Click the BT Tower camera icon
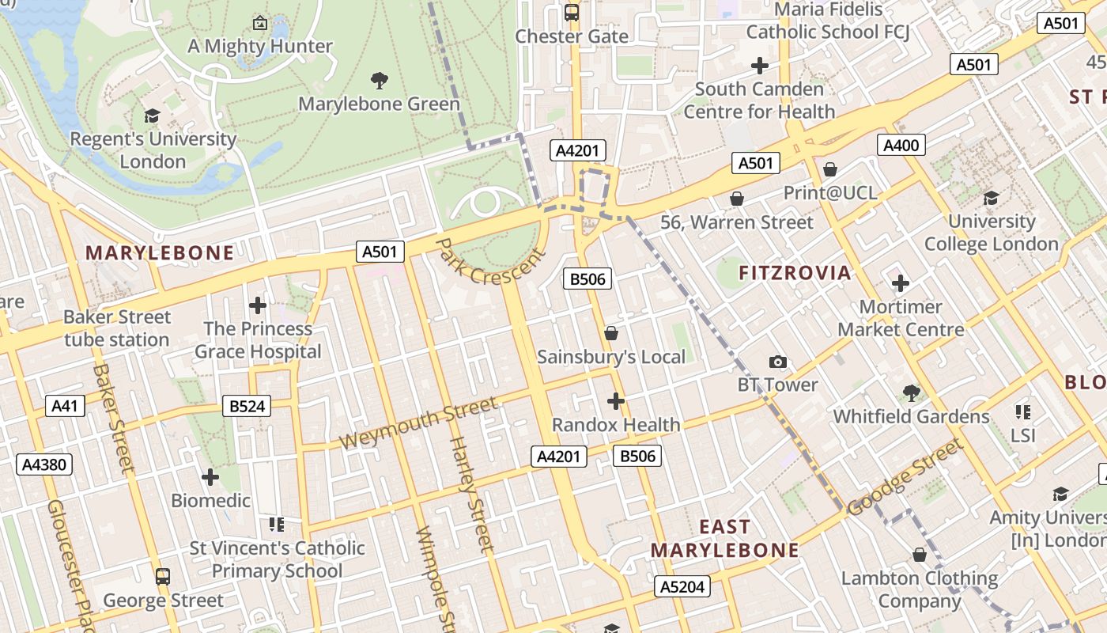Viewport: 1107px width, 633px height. (x=778, y=362)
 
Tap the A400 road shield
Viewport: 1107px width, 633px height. (x=901, y=146)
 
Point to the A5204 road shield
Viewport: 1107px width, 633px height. (x=682, y=586)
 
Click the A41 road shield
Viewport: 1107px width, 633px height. (x=64, y=406)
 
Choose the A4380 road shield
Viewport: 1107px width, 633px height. (x=44, y=464)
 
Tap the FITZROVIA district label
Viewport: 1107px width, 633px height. (x=795, y=273)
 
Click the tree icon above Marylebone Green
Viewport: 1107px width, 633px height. (x=380, y=80)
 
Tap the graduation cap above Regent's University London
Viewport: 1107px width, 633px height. (x=152, y=116)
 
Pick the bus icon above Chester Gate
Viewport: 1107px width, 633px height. (x=572, y=13)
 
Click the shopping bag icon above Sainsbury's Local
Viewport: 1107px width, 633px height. (x=610, y=334)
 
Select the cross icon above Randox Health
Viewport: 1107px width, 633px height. (x=616, y=401)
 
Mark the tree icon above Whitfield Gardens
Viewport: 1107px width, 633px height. (x=911, y=392)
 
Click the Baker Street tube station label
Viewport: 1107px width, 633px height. (x=117, y=328)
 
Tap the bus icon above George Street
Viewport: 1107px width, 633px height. (x=163, y=577)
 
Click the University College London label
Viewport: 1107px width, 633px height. (x=991, y=233)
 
